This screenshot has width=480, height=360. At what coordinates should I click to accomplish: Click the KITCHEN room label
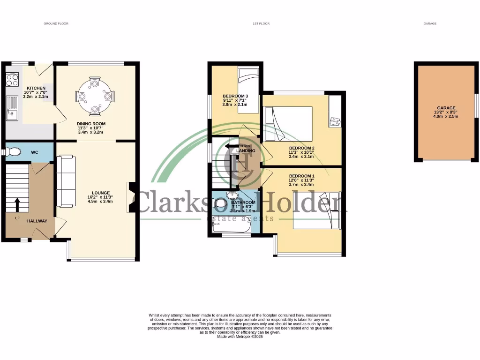coord(36,88)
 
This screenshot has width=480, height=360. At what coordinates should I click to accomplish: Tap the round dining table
coord(95,97)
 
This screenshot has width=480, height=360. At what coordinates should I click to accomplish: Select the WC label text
coord(35,152)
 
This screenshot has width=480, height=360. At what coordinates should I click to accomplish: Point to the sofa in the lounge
coord(66,181)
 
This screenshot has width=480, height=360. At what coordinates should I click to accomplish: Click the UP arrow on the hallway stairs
coord(17,205)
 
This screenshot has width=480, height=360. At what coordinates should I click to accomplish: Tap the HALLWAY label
coord(37,221)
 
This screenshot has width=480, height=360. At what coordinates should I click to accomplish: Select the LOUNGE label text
coord(101,193)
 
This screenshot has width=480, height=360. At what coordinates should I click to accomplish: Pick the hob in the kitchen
coord(12,79)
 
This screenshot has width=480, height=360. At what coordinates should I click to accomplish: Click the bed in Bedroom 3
coord(248,90)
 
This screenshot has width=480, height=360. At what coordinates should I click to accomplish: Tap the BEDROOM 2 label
coord(301,148)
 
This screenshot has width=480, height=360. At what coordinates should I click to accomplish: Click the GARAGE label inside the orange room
coord(446,108)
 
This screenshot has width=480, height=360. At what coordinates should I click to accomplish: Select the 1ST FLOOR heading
coord(261,23)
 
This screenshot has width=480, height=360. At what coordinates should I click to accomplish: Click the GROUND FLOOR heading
coord(56,23)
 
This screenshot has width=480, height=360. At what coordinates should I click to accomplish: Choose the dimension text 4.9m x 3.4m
coord(101,202)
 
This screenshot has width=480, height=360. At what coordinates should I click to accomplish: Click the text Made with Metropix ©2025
coord(240,337)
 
